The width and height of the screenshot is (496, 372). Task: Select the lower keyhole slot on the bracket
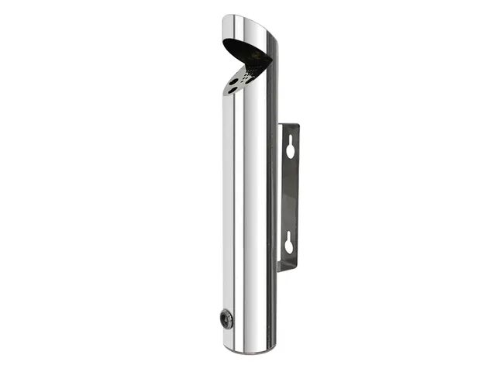(x=290, y=243)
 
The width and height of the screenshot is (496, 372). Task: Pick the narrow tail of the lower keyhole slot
(x=290, y=250)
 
